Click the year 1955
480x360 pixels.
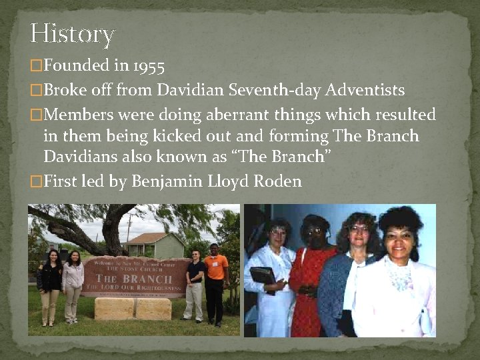pos(148,65)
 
